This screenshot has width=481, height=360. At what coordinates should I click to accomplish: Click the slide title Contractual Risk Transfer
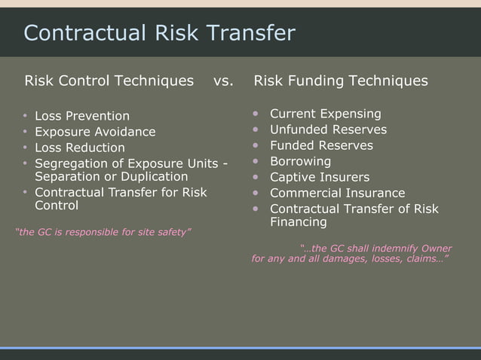159,33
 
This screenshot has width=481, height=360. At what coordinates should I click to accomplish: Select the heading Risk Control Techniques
109,81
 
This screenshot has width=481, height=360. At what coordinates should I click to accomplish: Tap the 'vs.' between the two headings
222,81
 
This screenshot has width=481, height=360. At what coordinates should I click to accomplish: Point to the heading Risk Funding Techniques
341,81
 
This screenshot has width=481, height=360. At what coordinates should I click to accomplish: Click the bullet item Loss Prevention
82,116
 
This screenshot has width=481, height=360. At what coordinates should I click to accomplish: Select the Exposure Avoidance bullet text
95,132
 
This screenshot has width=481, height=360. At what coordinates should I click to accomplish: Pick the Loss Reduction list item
80,148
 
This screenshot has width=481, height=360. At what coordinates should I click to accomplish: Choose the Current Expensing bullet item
325,114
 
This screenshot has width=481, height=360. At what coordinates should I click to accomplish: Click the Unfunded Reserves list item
328,130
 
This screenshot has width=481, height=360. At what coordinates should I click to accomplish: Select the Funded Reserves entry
321,145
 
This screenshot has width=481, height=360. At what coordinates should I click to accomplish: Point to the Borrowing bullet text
300,161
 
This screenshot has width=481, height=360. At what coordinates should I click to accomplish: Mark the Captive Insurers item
320,178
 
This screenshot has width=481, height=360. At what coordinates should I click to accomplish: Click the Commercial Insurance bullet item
337,194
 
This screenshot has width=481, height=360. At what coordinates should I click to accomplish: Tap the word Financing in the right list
299,222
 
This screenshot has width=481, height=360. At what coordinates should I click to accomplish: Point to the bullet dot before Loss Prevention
24,116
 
